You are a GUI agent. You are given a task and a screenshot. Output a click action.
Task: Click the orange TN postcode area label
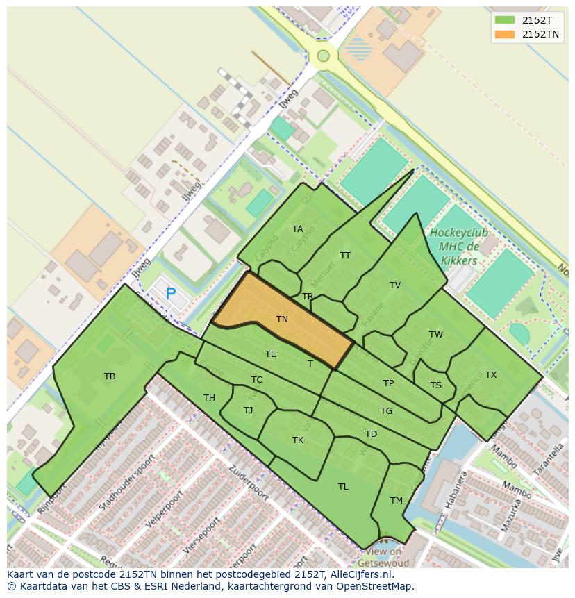282,319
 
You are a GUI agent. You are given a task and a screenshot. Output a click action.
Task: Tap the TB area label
110,376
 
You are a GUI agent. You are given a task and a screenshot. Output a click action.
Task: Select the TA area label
297,229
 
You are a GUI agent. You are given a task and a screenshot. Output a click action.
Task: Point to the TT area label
345,256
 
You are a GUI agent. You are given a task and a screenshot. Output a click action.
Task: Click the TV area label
395,285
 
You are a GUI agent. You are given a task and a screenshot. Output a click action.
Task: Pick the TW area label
435,335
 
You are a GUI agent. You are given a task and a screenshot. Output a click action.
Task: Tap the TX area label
491,375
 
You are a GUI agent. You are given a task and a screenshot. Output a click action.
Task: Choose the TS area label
435,385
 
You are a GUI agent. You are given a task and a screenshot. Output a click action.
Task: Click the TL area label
343,487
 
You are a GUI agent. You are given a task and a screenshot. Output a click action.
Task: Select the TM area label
396,501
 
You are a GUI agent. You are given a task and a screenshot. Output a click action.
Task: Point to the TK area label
298,440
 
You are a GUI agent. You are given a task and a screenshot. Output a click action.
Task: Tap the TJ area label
248,410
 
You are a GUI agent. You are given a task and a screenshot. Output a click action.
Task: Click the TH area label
209,398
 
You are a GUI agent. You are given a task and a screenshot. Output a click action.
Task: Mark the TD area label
371,435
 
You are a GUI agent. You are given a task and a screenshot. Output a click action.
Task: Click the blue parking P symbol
170,294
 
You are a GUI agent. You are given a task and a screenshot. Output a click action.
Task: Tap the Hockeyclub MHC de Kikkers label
458,247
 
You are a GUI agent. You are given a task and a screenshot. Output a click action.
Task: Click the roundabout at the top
323,56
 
